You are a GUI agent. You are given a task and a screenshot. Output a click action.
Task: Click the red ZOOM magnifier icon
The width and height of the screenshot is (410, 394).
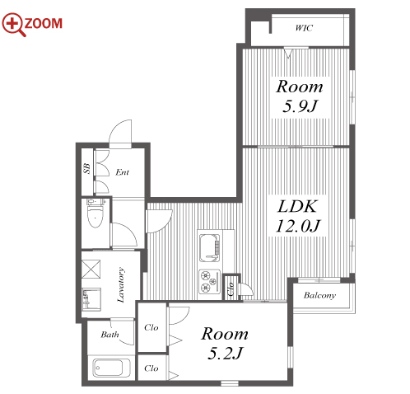point(14,24)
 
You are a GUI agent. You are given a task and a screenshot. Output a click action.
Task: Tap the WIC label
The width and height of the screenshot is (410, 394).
point(304,28)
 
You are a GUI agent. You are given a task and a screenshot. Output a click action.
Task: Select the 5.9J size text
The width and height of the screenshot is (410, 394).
point(300,106)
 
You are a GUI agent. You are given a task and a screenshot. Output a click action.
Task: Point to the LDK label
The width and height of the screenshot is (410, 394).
point(297,206)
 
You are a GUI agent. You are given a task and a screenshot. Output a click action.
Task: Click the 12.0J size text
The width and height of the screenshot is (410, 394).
point(298,226)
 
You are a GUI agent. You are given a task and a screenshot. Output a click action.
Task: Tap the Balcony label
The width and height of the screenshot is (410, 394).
point(319,295)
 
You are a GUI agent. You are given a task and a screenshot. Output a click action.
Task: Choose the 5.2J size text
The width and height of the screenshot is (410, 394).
point(225,354)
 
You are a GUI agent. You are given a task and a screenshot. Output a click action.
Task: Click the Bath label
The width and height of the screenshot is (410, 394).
point(109,335)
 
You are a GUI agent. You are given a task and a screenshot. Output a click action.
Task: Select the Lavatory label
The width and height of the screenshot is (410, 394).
point(121,285)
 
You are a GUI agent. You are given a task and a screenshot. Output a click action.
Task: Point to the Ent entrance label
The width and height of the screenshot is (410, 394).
point(122,172)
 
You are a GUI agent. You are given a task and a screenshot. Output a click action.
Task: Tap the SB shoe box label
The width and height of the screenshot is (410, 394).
point(86,168)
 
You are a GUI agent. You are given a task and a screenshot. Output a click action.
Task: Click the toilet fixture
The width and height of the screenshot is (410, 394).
point(96,213)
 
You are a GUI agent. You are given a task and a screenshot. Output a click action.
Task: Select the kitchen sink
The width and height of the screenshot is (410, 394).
point(210,248)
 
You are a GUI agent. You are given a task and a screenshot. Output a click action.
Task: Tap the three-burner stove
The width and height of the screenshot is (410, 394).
point(210,281)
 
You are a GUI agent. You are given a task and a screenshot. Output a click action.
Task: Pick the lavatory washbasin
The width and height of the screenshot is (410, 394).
point(91,299)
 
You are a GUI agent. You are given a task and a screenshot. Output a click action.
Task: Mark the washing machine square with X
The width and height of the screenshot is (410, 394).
point(91,270)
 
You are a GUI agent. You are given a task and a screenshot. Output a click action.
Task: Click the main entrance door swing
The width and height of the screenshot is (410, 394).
point(120,132)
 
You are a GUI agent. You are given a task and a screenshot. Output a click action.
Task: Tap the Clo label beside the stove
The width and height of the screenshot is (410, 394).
point(231,288)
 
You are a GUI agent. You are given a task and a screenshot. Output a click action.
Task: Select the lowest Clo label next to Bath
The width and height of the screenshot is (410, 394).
point(151,368)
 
